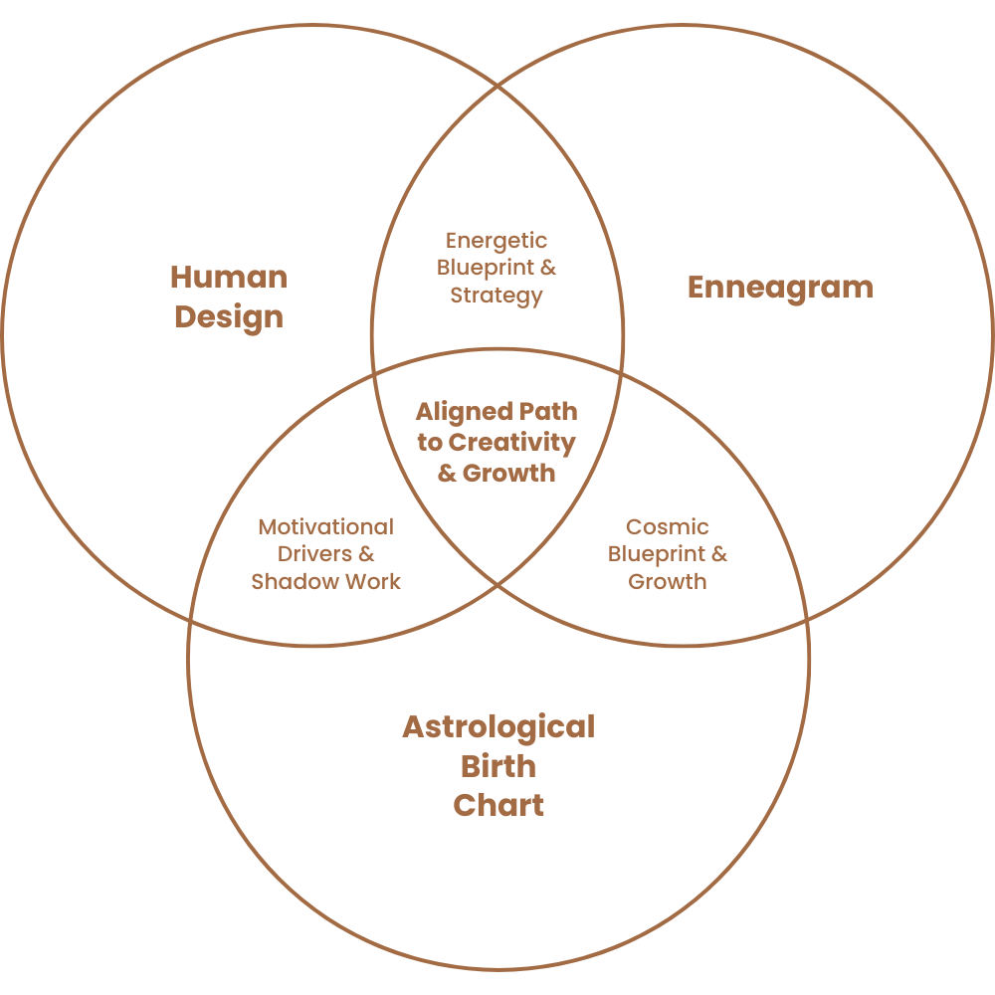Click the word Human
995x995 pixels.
point(228,277)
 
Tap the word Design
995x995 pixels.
point(228,317)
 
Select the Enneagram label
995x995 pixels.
point(780,288)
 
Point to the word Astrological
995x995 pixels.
point(497,726)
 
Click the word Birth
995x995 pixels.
point(497,766)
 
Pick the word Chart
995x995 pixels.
point(497,805)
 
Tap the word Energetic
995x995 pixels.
point(497,241)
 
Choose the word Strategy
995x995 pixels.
point(497,295)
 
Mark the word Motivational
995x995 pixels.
point(325,527)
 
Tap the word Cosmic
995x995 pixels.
point(667,527)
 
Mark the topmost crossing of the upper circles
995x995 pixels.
point(497,88)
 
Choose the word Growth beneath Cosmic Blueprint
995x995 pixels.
point(667,581)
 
